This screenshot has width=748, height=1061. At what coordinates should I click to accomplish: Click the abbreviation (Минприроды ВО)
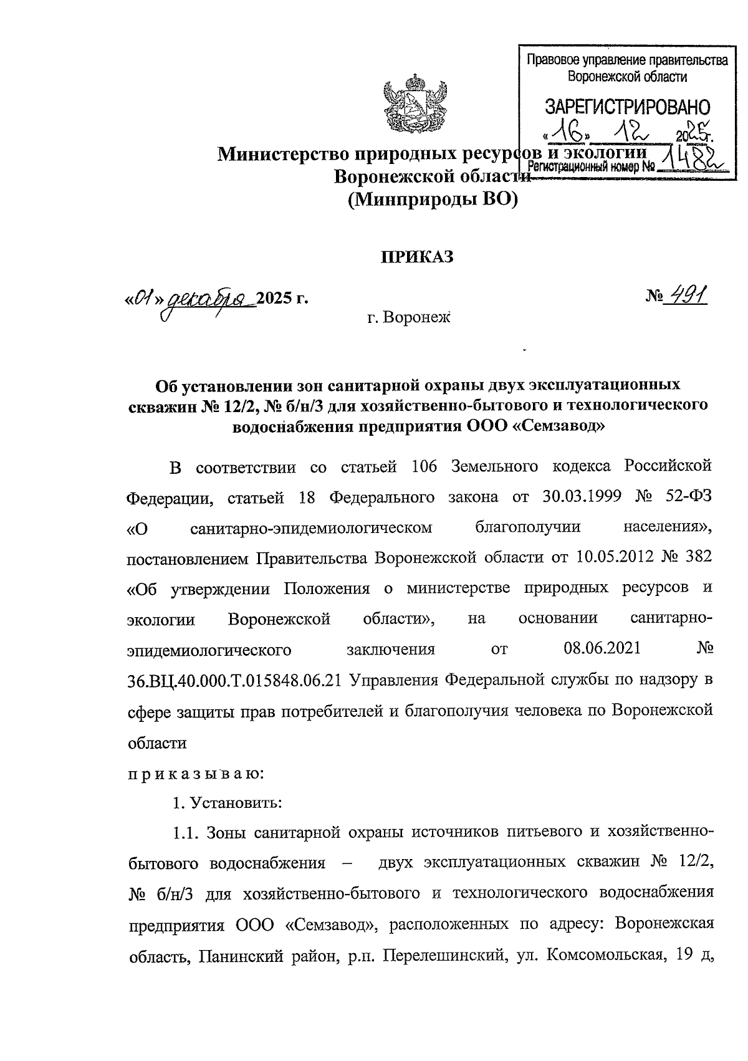tap(433, 199)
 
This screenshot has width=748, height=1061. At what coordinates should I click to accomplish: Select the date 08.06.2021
tap(602, 648)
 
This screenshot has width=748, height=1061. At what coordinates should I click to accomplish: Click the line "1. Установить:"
tap(228, 803)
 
